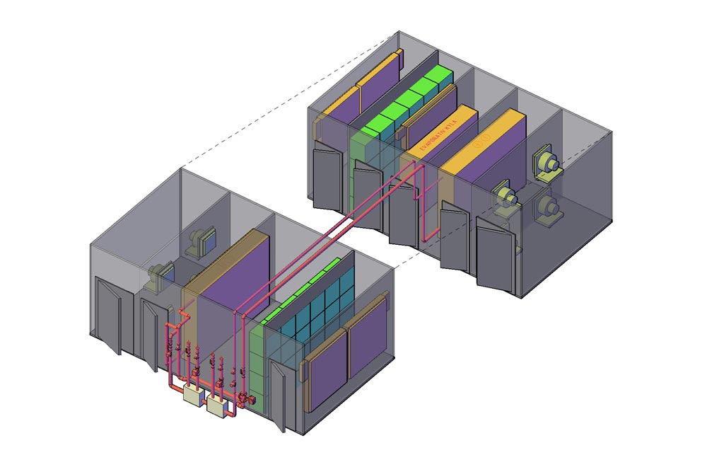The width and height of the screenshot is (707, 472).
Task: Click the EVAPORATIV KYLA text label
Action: pos(439,134)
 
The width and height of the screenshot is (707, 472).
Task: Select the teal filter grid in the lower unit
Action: pos(311,311)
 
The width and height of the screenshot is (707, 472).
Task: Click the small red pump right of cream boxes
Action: pos(243,400)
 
